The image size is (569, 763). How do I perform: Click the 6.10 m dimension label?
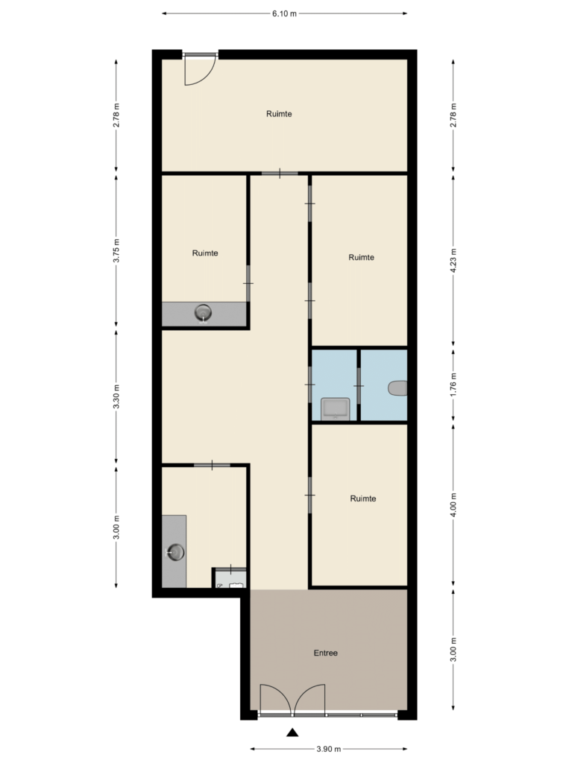tap(284, 13)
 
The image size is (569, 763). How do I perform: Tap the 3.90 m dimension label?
tap(329, 749)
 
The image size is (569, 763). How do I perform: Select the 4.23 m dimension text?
tap(453, 262)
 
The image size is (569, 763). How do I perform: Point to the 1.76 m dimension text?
tap(453, 384)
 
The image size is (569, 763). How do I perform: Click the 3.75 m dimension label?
tap(116, 250)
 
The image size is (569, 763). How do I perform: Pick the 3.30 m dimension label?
tap(116, 396)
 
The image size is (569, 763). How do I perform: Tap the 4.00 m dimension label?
tap(453, 505)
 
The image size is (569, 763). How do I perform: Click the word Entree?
tap(325, 653)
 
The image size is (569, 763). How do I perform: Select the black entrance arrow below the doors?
tap(292, 732)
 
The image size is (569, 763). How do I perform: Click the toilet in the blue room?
tap(398, 388)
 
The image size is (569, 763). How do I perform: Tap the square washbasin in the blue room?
tap(335, 409)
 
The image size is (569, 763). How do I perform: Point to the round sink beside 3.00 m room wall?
tap(175, 552)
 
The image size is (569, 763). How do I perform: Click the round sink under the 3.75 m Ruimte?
tap(203, 312)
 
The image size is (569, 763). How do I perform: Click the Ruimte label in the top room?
tap(279, 114)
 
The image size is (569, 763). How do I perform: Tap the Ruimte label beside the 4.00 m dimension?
tap(363, 498)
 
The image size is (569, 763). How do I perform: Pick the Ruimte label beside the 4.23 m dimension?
tap(362, 257)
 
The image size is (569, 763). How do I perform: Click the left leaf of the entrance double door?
tap(276, 699)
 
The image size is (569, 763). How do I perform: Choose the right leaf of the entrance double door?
tap(309, 699)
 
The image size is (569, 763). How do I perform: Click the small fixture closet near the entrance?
tap(230, 578)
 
